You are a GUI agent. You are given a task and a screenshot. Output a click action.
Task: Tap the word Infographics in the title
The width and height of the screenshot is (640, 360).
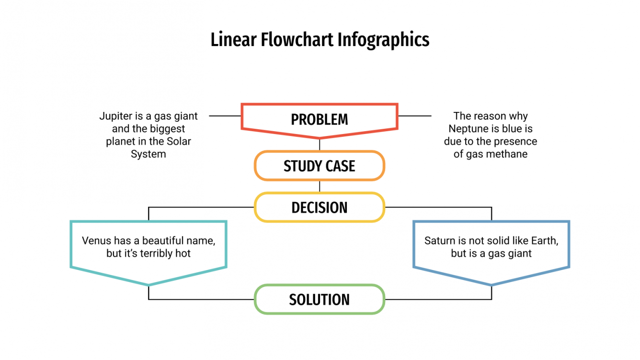383,40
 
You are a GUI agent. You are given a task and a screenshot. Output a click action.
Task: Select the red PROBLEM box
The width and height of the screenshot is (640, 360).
320,119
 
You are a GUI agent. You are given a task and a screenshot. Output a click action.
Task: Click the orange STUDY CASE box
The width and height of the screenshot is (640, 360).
320,166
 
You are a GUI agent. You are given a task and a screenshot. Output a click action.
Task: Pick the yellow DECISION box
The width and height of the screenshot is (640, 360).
320,207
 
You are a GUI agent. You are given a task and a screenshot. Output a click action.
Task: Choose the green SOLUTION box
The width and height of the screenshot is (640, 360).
320,300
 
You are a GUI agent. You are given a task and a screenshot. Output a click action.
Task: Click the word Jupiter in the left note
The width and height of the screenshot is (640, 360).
114,116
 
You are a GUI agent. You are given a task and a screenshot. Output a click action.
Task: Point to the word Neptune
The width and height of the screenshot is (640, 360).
467,129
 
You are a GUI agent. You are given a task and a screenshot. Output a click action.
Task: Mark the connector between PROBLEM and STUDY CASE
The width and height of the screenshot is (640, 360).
320,145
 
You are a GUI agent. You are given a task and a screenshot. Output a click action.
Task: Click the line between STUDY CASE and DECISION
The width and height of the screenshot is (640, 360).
320,186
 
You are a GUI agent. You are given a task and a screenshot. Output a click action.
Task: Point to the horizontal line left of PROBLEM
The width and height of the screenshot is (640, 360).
225,116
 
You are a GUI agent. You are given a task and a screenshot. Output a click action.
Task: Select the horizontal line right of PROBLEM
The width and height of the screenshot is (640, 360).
415,116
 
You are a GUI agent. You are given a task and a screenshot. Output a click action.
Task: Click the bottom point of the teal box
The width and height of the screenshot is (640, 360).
149,285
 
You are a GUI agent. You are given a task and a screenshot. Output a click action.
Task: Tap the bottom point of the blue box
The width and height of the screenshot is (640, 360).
491,285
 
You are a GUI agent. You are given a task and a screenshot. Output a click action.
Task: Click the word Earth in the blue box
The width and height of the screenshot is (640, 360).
543,241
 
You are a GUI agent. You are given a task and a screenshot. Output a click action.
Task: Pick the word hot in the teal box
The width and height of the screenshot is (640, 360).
183,254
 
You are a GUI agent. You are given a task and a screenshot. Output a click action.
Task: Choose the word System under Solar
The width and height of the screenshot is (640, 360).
149,154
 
